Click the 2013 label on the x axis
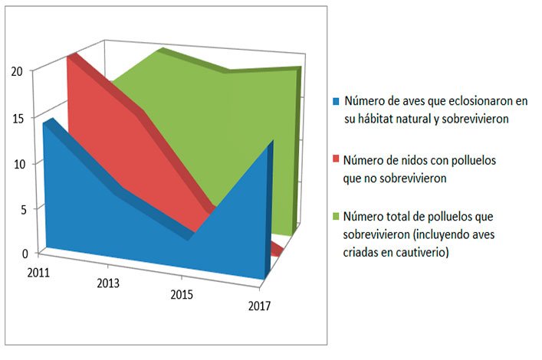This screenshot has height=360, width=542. [x=108, y=283]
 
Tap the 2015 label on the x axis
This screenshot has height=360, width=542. [x=182, y=295]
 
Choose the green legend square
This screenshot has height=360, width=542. [x=335, y=216]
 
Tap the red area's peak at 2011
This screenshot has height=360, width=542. [x=73, y=56]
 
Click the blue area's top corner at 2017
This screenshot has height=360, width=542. [x=271, y=142]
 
